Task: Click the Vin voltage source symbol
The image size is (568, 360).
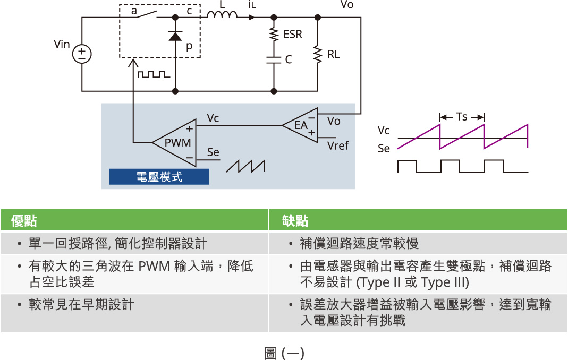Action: (x=82, y=54)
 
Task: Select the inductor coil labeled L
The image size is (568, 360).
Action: (x=222, y=16)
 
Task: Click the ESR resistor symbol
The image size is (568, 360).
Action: (x=274, y=35)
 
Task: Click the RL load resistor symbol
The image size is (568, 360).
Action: (x=318, y=55)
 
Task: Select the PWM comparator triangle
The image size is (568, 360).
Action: (x=173, y=142)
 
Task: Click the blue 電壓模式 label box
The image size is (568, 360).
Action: (x=159, y=177)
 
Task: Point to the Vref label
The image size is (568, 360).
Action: (x=338, y=145)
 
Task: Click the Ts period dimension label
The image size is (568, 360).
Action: (x=462, y=117)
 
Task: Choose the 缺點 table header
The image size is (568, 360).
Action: (x=295, y=220)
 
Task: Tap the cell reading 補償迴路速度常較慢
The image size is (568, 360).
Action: (x=359, y=244)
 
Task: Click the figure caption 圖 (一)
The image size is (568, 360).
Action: (x=284, y=353)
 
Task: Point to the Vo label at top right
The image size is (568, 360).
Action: (x=346, y=5)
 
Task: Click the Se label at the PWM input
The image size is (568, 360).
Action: (x=213, y=152)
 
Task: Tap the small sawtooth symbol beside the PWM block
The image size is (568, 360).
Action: (x=245, y=166)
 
